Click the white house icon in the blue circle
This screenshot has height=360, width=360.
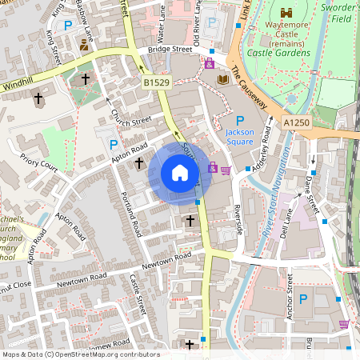(x=180, y=173)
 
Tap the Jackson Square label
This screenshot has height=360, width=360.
(x=240, y=137)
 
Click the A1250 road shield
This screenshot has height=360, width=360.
(x=294, y=122)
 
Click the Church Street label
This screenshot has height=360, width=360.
(x=130, y=117)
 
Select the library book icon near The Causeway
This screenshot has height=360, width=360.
(x=223, y=80)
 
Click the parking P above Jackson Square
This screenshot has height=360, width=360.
(x=239, y=119)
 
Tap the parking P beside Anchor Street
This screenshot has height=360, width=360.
(x=303, y=298)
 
